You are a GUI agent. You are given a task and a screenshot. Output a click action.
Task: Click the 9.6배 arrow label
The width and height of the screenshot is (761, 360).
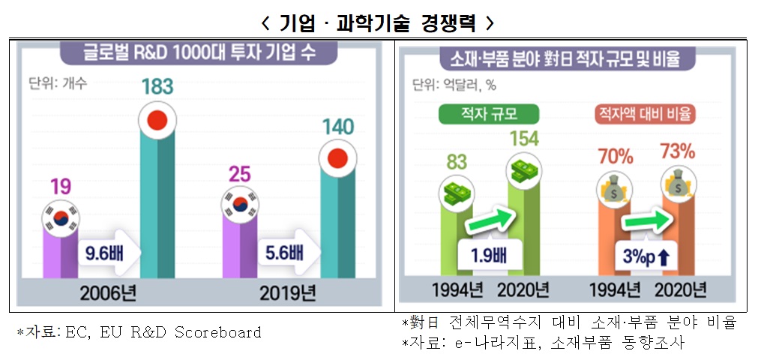point(108,252)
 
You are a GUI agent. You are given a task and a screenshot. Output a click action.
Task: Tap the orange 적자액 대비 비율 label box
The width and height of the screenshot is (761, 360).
point(643,115)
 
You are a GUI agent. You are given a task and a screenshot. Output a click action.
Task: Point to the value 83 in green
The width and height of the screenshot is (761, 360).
point(457,161)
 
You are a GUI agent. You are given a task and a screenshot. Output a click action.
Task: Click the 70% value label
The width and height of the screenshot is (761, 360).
point(615,157)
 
